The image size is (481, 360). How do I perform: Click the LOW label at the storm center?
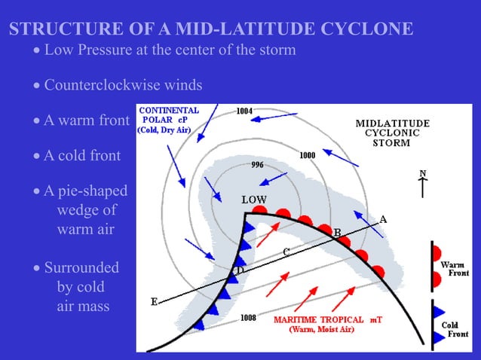coord(253,200)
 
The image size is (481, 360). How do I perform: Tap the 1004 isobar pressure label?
coord(244,112)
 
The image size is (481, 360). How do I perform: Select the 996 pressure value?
coord(256,165)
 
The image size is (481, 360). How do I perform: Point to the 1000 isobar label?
coord(307,156)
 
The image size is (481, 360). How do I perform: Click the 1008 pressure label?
coord(248,318)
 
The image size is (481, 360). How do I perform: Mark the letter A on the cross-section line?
coord(383,220)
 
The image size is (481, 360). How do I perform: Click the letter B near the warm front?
coord(337,232)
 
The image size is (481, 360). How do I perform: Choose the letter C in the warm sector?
coord(286,252)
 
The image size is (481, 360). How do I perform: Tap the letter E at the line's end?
coord(155,302)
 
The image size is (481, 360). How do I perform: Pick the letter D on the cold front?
coord(240,270)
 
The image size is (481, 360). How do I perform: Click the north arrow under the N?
coord(423,186)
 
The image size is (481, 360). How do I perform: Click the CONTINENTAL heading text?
coord(170,110)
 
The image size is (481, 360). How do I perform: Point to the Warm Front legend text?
coord(455,269)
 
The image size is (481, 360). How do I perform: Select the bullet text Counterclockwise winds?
coord(123,84)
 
